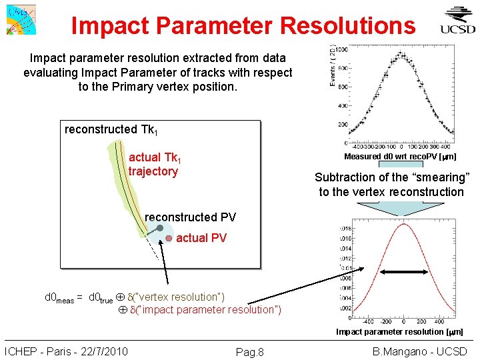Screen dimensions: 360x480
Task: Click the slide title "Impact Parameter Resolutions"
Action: (243, 26)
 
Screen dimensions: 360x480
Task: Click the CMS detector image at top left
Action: (20, 19)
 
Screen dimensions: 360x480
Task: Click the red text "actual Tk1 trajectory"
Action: (154, 165)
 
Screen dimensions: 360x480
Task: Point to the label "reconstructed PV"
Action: (190, 217)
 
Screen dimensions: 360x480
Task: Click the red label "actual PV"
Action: (201, 238)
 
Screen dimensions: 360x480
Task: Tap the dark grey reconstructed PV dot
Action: (160, 228)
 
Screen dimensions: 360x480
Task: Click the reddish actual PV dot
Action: (169, 238)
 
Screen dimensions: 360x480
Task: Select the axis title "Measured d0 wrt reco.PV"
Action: (400, 157)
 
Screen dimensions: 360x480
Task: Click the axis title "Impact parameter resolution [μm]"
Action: (399, 331)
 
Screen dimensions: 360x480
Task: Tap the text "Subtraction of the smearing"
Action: (392, 177)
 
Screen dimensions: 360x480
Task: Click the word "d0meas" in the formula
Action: (59, 297)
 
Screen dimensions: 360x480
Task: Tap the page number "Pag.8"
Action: (251, 352)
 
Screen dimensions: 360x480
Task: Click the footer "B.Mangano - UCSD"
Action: (420, 351)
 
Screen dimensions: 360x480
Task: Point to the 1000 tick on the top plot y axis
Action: (341, 49)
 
